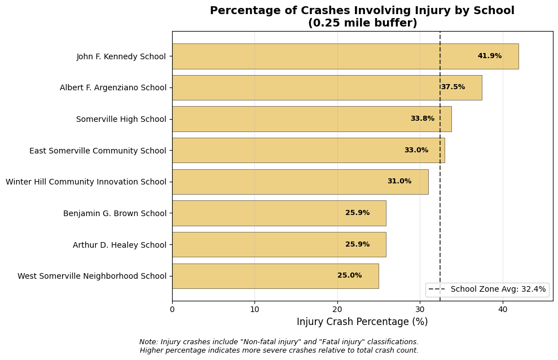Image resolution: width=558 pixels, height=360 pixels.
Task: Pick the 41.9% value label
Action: click(x=489, y=56)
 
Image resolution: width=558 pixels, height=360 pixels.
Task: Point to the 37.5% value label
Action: click(x=452, y=87)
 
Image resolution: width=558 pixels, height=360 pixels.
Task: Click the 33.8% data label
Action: click(x=422, y=119)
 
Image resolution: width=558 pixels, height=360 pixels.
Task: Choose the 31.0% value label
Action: click(x=399, y=182)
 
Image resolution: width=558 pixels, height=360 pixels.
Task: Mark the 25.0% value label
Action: click(x=349, y=276)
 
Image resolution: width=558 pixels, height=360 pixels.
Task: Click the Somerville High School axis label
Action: click(x=121, y=119)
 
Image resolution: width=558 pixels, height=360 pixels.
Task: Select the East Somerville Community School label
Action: click(x=98, y=151)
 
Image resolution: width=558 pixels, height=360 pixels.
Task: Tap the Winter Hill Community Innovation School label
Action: click(x=86, y=182)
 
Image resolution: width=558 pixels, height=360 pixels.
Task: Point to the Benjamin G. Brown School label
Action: click(x=115, y=213)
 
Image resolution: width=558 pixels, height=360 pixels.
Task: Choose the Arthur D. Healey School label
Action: click(x=119, y=245)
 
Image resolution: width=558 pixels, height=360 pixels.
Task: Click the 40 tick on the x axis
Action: click(x=502, y=309)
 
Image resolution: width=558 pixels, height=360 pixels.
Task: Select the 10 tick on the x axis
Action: click(x=254, y=309)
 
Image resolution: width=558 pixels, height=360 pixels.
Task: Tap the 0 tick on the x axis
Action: click(x=172, y=309)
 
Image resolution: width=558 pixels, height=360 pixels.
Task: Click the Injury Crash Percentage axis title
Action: click(x=362, y=322)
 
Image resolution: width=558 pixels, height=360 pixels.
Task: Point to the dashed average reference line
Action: click(x=440, y=169)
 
